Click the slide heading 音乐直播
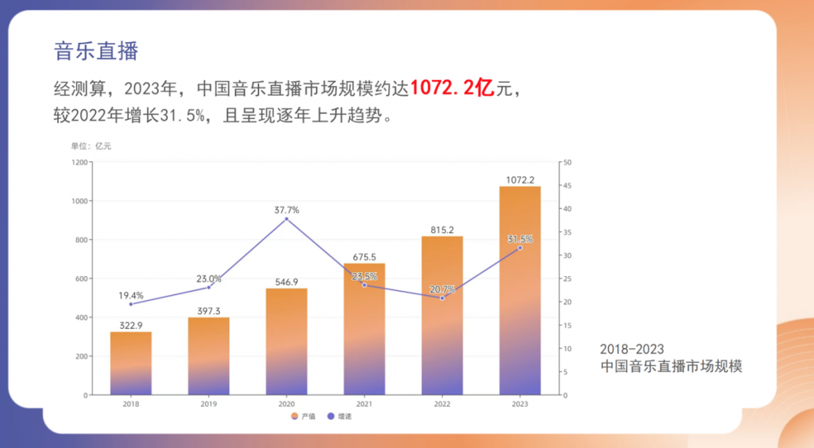pos(96,51)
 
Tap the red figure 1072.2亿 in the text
pos(451,89)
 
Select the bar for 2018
pos(130,364)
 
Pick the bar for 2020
pos(286,342)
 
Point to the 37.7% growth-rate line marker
pos(286,219)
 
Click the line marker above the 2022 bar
pos(442,298)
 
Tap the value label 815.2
pos(442,230)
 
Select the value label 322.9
pos(130,325)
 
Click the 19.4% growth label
pos(130,296)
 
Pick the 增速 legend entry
pos(340,416)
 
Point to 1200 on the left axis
pos(79,162)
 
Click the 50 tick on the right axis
pos(568,162)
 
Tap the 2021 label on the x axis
pos(364,404)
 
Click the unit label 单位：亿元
pos(90,146)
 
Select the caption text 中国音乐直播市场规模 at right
pos(671,367)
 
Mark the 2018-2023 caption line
pos(632,349)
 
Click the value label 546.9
pos(286,281)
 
